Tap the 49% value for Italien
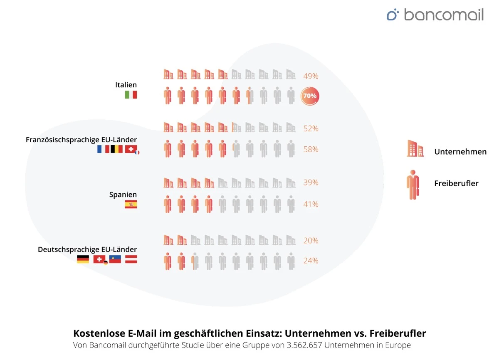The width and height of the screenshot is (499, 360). pos(311,76)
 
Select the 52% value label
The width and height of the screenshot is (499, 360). pos(311,129)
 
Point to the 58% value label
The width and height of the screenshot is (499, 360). pos(311,149)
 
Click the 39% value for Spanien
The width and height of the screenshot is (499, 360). pos(311,182)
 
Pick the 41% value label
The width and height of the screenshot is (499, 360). pos(311,204)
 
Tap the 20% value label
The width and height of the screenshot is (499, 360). pos(311,241)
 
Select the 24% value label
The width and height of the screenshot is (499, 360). pos(311,261)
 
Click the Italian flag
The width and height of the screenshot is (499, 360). pos(131,95)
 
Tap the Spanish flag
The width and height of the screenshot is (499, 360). pos(131,204)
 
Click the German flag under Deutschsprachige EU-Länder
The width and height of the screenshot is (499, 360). pos(83,259)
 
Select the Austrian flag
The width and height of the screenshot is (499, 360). pos(131,259)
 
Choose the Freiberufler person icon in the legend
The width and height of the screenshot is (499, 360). pos(413,184)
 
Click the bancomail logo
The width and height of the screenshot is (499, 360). pos(435,15)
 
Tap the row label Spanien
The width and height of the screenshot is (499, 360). pos(123,195)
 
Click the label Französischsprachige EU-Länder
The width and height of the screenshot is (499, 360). pos(81,140)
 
